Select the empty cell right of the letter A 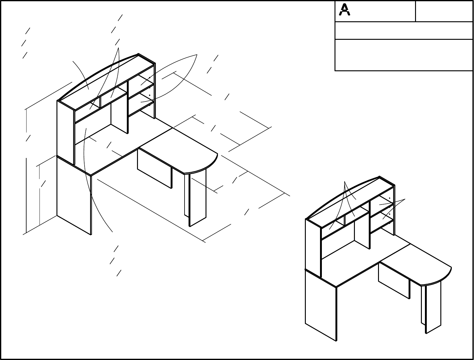(444, 11)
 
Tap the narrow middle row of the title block (404, 31)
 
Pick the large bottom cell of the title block (404, 55)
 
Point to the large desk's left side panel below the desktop (74, 195)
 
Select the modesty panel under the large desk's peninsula (154, 168)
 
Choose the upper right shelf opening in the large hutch (141, 83)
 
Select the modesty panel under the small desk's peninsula (394, 281)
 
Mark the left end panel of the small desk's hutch (313, 248)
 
